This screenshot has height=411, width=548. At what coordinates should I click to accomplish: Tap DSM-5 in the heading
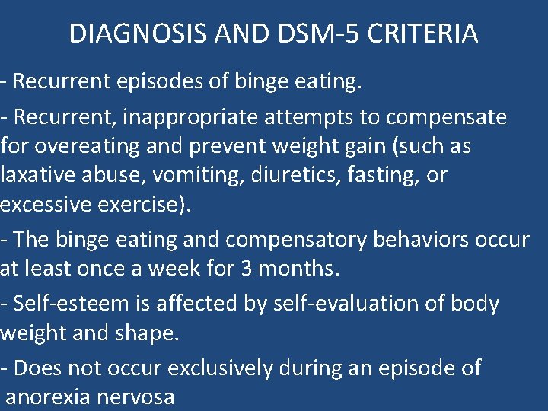(x=284, y=33)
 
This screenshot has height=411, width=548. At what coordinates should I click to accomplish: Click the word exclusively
(x=219, y=368)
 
